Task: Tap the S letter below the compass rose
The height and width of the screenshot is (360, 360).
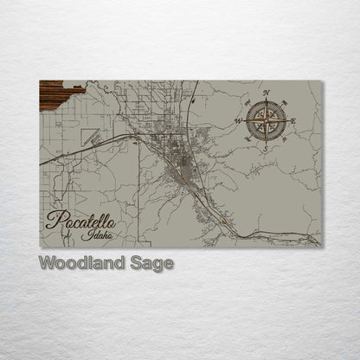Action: [x=266, y=149]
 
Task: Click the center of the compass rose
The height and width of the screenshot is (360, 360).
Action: [x=266, y=120]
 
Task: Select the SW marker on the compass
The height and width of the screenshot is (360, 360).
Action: [x=247, y=139]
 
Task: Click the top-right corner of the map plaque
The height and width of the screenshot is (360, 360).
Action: [x=321, y=80]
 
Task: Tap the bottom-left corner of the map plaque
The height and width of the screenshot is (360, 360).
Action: [x=40, y=247]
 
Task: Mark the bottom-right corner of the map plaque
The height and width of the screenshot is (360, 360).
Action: [x=321, y=247]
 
